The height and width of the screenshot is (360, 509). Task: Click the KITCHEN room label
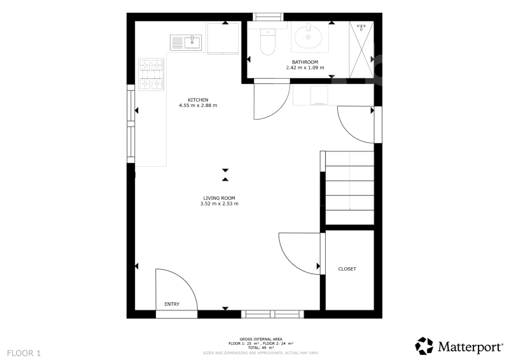[x=198, y=100]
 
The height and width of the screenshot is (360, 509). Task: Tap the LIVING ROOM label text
[x=219, y=198]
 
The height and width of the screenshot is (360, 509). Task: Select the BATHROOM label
[x=305, y=62]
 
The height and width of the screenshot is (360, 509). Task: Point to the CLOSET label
[x=347, y=269]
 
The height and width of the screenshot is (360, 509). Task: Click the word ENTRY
[x=172, y=304]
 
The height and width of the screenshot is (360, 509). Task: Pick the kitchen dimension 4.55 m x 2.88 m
[x=198, y=106]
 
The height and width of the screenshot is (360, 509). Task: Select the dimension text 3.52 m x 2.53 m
[x=219, y=204]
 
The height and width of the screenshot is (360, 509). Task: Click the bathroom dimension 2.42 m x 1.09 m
[x=305, y=68]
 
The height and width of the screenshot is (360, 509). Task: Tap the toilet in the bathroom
[x=268, y=41]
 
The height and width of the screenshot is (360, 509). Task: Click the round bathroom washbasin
[x=309, y=36]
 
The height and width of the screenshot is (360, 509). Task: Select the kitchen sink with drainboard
[x=186, y=43]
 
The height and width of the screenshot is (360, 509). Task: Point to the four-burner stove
[x=151, y=74]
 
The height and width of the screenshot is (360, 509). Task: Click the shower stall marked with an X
[x=361, y=50]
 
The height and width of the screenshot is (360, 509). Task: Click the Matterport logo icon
[x=424, y=346]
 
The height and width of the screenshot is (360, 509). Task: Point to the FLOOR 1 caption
[x=24, y=353]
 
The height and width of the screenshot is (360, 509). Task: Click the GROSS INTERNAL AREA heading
[x=261, y=339]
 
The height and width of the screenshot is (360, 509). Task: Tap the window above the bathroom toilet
[x=268, y=17]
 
